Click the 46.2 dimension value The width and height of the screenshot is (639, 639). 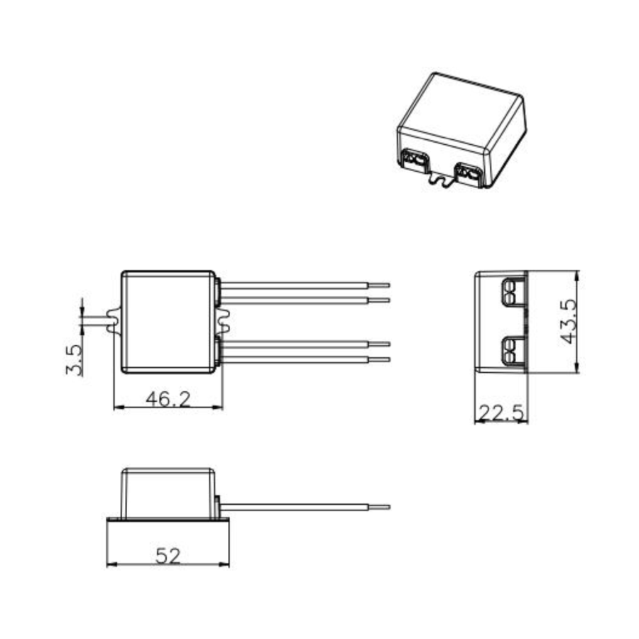coord(168,398)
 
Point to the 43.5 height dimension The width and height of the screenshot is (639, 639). coord(568,321)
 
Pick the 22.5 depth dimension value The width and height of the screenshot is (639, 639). coord(501,412)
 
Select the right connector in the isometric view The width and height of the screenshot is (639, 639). coord(469,173)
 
